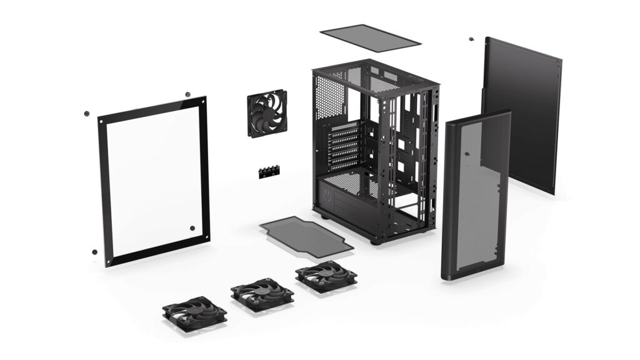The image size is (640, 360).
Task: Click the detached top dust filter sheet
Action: (370, 37)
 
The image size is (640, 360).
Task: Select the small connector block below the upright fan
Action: (267, 173)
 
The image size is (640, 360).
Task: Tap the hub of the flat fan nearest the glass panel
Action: (195, 311)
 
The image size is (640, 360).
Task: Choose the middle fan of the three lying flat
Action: (262, 292)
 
